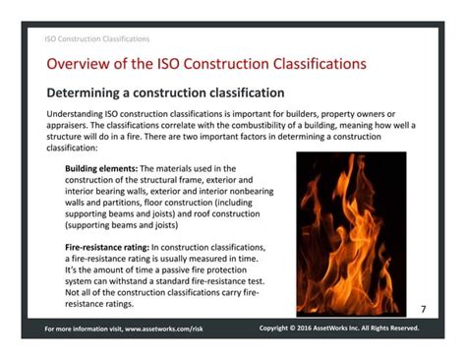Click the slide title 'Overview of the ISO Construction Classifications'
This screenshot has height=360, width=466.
click(206, 64)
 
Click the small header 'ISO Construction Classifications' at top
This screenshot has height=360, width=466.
click(97, 39)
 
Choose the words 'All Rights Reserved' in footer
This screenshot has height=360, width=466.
click(388, 328)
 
